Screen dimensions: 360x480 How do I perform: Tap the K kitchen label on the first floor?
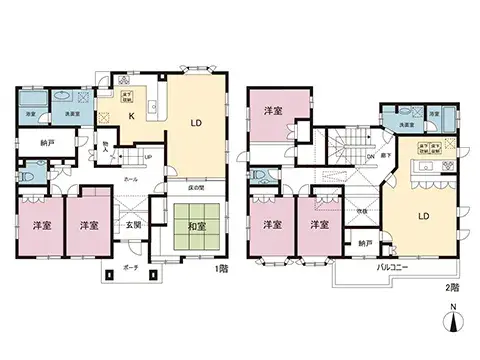point(129,116)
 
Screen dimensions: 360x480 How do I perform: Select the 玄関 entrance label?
point(133,226)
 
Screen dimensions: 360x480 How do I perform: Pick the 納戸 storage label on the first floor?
point(34,143)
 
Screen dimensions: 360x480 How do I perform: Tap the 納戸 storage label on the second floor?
point(364,243)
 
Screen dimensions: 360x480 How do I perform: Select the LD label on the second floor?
point(423,215)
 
